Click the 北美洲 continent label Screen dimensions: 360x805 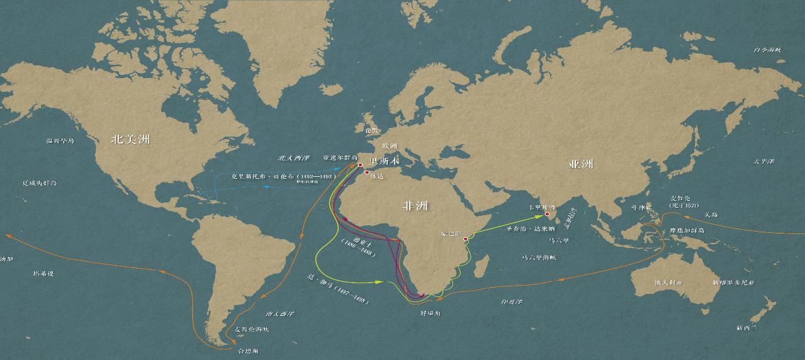(x=130, y=140)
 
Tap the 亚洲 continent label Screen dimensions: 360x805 (x=581, y=164)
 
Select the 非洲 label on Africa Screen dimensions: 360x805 (x=415, y=205)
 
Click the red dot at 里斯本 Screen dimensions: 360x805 (x=360, y=166)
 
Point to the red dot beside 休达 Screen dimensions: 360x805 (x=368, y=172)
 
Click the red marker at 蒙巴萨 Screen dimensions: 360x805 (x=466, y=239)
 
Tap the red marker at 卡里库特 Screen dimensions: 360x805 (x=546, y=214)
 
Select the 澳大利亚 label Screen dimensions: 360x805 (x=668, y=283)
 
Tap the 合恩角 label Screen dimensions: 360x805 (x=247, y=350)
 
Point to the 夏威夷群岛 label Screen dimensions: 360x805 (x=40, y=183)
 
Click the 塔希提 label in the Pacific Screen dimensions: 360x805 (x=43, y=274)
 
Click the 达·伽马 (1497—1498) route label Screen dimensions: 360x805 (x=337, y=290)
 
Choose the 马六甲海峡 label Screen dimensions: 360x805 (x=539, y=257)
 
